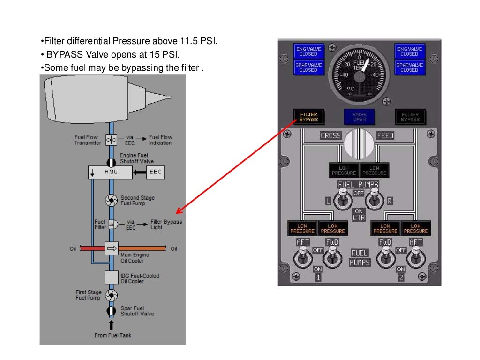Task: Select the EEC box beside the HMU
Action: click(x=156, y=172)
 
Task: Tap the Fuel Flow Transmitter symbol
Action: click(x=112, y=140)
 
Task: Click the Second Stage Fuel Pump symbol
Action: click(x=112, y=201)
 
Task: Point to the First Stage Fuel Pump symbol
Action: click(x=112, y=295)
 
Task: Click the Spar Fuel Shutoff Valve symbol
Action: click(x=112, y=311)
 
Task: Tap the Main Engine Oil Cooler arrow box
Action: click(x=112, y=248)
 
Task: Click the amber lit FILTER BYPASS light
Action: click(x=308, y=117)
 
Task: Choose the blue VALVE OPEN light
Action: click(x=360, y=117)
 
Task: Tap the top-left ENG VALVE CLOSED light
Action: click(x=308, y=51)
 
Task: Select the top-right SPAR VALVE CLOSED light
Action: click(x=409, y=67)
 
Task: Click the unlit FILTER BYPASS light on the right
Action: click(x=410, y=117)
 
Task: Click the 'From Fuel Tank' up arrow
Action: click(x=112, y=325)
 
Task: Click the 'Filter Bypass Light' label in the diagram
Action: click(x=166, y=224)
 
